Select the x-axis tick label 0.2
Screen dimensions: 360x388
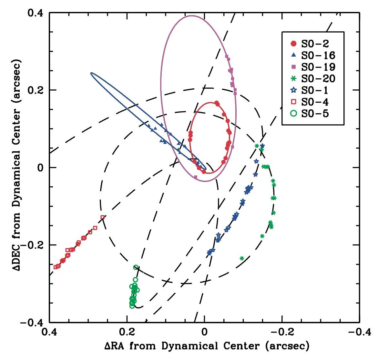(x=127, y=332)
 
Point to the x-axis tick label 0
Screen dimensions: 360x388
(x=204, y=332)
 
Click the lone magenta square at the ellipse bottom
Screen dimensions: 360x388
(x=196, y=177)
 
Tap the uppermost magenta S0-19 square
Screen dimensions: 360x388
(x=227, y=57)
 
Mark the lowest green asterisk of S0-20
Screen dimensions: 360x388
(x=242, y=258)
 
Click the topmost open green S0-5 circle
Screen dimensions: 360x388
(x=136, y=267)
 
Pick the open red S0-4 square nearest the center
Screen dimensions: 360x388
(x=103, y=217)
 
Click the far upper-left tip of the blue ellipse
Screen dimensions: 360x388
(x=91, y=73)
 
